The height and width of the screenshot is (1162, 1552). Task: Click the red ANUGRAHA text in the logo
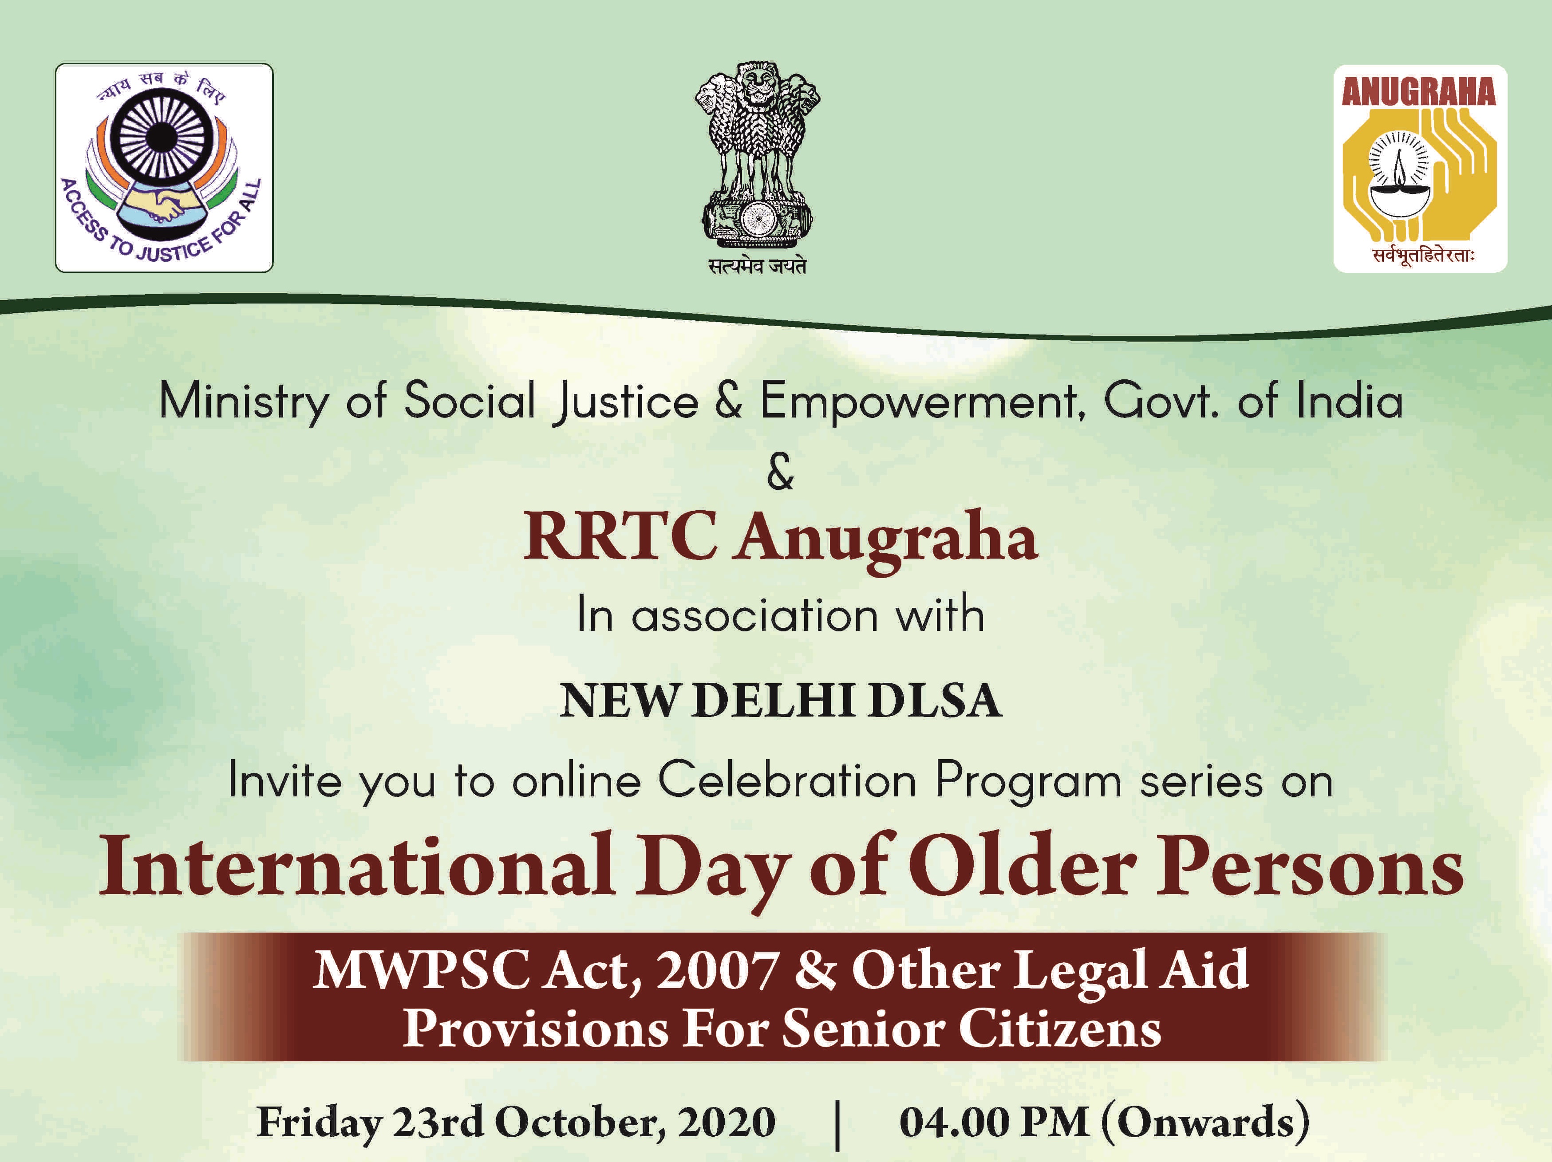click(1419, 92)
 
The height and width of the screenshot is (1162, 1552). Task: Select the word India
click(1349, 401)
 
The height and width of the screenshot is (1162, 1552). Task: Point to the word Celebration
click(787, 780)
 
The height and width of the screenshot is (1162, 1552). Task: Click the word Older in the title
click(1026, 865)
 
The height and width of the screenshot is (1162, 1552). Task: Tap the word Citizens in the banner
click(1059, 1030)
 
